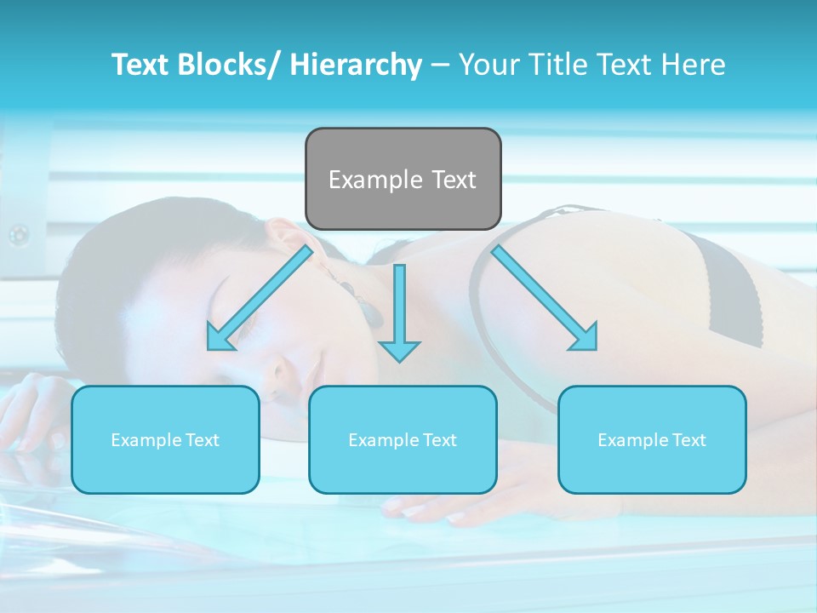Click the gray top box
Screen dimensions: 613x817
[403, 179]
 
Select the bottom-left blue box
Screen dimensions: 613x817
[165, 439]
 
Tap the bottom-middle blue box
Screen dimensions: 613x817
[403, 439]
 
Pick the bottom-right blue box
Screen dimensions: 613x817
[652, 439]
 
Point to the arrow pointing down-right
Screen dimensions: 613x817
[545, 298]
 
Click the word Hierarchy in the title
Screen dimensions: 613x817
[356, 65]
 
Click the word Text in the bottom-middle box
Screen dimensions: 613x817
[437, 440]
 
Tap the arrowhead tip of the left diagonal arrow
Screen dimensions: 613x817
[210, 348]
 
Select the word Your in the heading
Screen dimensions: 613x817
[488, 65]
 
